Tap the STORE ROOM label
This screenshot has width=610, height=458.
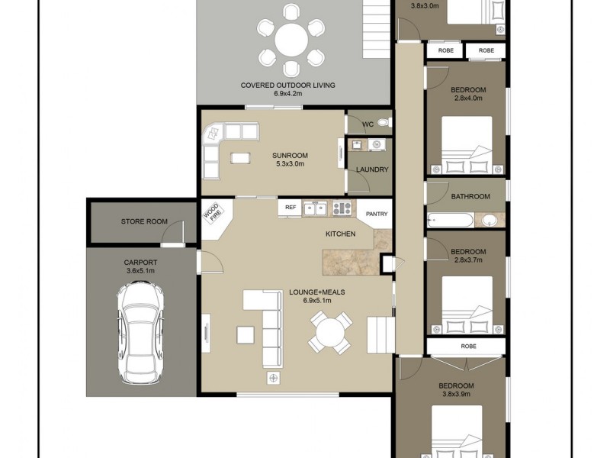coord(144,222)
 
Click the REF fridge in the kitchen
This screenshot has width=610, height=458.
coord(291,207)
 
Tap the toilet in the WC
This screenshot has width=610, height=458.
coord(383,122)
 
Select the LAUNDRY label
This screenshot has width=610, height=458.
coord(371,169)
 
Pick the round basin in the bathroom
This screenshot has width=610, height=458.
coord(488,221)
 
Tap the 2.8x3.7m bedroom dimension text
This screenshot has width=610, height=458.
coord(468,260)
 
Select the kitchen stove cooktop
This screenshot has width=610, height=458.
coord(342,207)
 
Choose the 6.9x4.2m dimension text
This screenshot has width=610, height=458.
coord(288,94)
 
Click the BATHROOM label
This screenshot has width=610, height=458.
coord(470,196)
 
